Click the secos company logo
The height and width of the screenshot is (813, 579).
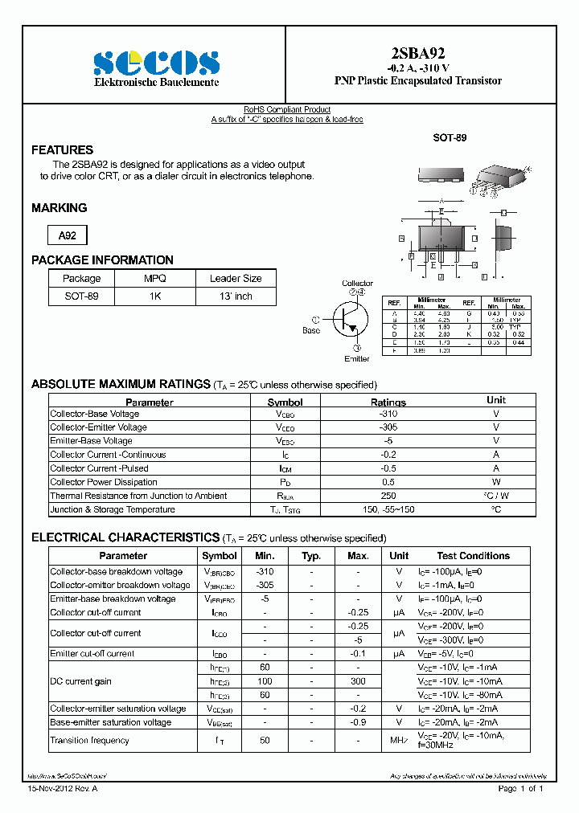pyautogui.click(x=156, y=63)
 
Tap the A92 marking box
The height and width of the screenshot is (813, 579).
pyautogui.click(x=68, y=235)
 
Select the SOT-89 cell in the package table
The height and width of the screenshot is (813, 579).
pyautogui.click(x=81, y=296)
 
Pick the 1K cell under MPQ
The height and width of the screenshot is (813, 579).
pyautogui.click(x=154, y=296)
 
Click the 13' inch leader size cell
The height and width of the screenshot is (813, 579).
pyautogui.click(x=236, y=296)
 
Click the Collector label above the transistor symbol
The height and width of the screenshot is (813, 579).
pyautogui.click(x=357, y=284)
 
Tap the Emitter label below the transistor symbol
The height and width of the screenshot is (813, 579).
pyautogui.click(x=357, y=358)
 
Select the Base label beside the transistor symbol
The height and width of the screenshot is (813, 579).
pyautogui.click(x=311, y=330)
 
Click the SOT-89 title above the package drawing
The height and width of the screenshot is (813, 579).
pyautogui.click(x=450, y=138)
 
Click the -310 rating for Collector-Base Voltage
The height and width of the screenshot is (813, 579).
pyautogui.click(x=388, y=414)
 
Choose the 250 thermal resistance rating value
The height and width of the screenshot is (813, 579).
pyautogui.click(x=388, y=496)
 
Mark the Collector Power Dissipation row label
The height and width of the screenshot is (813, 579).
pyautogui.click(x=104, y=482)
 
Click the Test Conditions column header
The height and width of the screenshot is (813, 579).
pyautogui.click(x=473, y=556)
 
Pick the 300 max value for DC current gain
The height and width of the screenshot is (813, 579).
pyautogui.click(x=358, y=681)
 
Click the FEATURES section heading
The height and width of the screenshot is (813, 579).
pyautogui.click(x=62, y=150)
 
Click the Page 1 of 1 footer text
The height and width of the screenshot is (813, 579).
pyautogui.click(x=521, y=789)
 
